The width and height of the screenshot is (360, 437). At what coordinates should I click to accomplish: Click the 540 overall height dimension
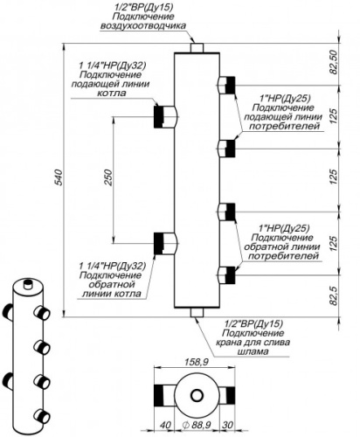coord(59,177)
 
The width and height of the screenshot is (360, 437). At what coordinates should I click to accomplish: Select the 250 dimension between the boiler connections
coord(108,177)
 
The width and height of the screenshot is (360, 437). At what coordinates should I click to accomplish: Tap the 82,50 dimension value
coord(334,62)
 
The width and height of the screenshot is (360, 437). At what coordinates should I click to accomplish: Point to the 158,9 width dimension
coord(197,362)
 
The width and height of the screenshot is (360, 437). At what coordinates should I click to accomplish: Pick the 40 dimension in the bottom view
coord(165,425)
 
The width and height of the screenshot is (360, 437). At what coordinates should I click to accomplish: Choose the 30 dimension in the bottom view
coord(227,425)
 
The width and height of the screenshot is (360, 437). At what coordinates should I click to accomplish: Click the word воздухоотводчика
coord(143,25)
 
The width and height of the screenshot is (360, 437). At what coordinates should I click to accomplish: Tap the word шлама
coord(253,351)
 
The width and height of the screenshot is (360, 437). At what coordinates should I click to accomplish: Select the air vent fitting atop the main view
coord(197,48)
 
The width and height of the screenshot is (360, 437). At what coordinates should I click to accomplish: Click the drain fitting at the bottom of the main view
coord(197,312)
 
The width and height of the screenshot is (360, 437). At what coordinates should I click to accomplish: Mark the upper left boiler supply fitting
coord(165,117)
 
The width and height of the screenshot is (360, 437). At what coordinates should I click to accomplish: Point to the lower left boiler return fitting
coord(165,243)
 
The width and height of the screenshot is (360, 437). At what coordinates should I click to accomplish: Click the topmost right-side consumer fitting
coord(226,85)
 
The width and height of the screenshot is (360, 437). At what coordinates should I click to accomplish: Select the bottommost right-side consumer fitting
coord(226,275)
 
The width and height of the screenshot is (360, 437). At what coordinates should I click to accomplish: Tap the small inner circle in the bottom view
coord(197,396)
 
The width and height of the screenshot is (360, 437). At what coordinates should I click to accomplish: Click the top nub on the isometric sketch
coord(28,284)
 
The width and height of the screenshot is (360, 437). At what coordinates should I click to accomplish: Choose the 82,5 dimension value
coord(334,295)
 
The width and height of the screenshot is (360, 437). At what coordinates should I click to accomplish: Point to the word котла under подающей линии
coord(111,94)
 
